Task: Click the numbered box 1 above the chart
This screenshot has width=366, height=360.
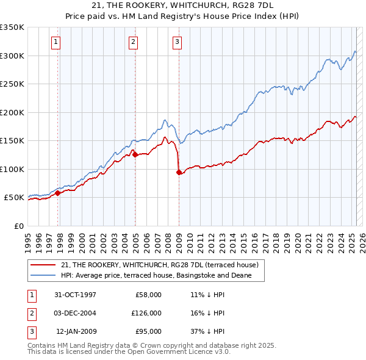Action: pos(56,42)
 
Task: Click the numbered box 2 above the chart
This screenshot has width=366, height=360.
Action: pos(133,42)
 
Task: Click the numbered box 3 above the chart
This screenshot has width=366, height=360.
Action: pos(177,42)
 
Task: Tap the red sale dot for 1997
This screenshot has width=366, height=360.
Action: pos(58,193)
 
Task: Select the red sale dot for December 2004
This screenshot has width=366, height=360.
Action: pos(135,154)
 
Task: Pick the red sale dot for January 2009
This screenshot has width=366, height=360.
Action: pos(179,172)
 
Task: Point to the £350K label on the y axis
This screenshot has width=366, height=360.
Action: pos(12,27)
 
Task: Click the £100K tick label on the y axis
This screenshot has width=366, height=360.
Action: pos(12,169)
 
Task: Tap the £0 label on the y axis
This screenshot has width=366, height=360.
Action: pos(19,226)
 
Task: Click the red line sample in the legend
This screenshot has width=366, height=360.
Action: pos(43,265)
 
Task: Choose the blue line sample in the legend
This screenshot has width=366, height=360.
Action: pos(43,276)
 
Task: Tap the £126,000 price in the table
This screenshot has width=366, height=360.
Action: pos(146,313)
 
